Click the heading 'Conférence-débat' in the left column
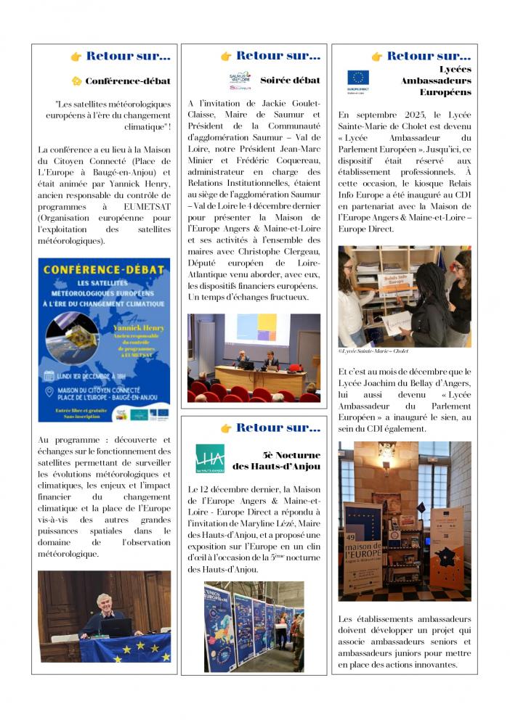coord(128,81)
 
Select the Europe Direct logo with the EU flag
coord(358,80)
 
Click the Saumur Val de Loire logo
coord(240,81)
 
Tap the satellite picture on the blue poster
coord(72,337)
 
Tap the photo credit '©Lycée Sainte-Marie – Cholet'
coord(373,351)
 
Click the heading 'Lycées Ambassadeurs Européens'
coord(434,81)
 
